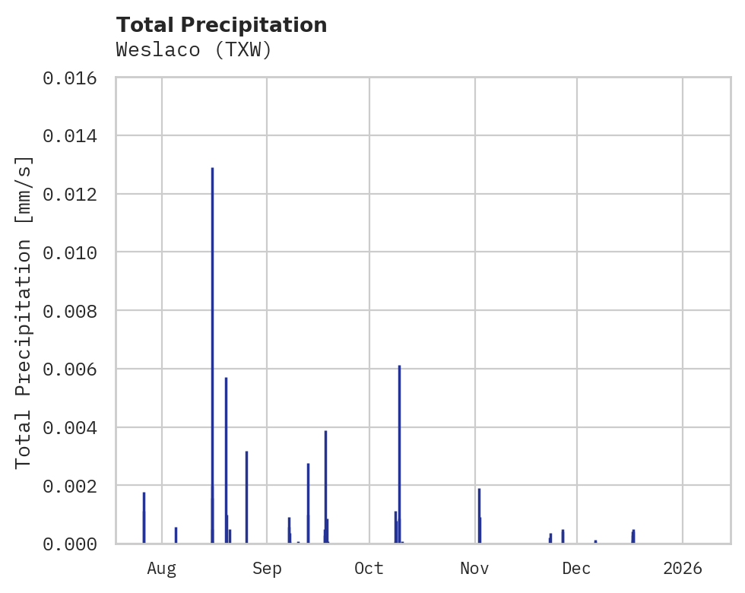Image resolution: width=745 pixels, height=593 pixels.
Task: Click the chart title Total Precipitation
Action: [x=222, y=25]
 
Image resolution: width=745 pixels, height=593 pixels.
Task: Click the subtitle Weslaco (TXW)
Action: [x=194, y=50]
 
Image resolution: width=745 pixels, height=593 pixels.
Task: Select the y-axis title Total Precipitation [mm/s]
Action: [x=24, y=312]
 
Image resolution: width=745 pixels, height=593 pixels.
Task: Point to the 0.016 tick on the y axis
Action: [x=75, y=78]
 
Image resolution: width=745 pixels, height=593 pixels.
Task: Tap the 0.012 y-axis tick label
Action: [x=75, y=194]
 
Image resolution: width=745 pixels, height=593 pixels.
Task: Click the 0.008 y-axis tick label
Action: [x=75, y=311]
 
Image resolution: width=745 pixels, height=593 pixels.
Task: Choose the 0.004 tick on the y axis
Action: [x=75, y=427]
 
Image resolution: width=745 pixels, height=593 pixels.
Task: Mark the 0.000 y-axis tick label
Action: [x=75, y=544]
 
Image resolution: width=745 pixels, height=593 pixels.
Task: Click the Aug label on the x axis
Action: [x=162, y=568]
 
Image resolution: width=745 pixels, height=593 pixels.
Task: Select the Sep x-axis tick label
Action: [x=267, y=568]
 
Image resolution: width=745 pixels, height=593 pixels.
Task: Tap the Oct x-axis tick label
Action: [x=369, y=568]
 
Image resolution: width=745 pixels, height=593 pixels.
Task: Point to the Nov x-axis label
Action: [x=474, y=568]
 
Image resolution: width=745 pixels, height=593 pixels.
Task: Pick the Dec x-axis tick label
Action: [x=577, y=568]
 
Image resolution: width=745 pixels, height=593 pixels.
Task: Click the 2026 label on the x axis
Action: [x=683, y=568]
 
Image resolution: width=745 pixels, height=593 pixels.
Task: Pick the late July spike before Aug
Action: [x=144, y=517]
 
